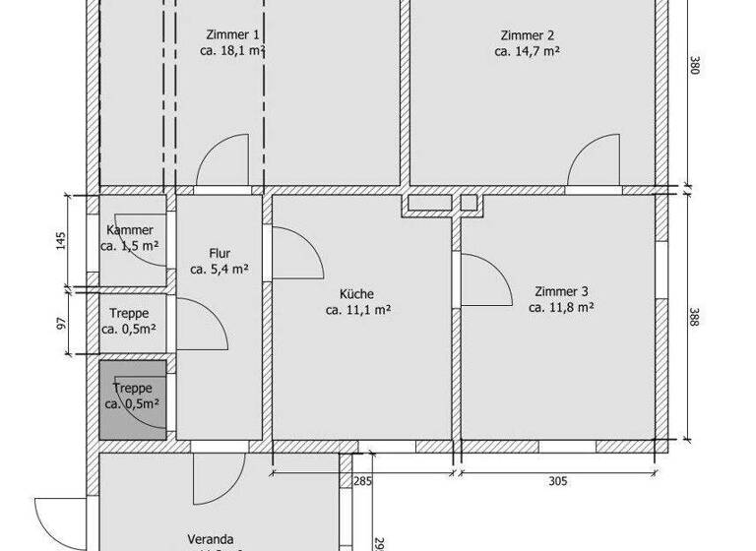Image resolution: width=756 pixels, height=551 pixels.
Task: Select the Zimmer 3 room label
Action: point(561,291)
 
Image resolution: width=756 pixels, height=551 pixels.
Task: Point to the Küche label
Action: point(357,293)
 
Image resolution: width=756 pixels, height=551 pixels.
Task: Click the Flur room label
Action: point(219,251)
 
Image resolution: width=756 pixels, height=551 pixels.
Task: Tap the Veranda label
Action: point(211,539)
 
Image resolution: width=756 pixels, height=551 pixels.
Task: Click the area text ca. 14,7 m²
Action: point(528,50)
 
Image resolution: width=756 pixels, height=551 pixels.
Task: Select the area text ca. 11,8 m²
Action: point(561,308)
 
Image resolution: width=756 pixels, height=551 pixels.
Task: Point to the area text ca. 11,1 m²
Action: point(358,310)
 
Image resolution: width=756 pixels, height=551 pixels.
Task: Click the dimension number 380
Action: point(695,66)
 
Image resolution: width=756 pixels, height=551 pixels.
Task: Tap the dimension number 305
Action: point(557,481)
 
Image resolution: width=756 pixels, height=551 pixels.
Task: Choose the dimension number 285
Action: point(362,481)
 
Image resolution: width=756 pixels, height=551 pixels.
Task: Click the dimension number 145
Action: point(61,240)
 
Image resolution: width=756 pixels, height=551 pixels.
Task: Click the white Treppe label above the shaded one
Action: point(129,313)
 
